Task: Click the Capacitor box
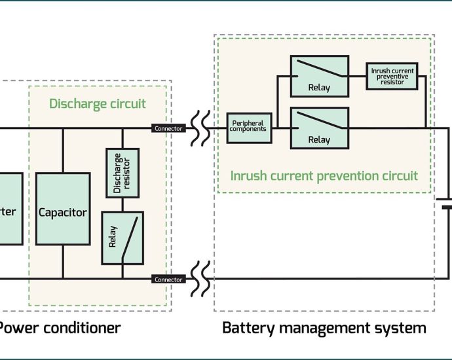click(63, 212)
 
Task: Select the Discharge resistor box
click(122, 173)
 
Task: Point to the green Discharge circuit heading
click(98, 104)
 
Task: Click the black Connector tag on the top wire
click(168, 128)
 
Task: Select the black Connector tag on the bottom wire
click(168, 279)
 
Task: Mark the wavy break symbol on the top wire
click(201, 128)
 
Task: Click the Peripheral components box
click(248, 125)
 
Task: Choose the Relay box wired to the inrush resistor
click(319, 75)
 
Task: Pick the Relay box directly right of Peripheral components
click(319, 128)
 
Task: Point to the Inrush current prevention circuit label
click(324, 175)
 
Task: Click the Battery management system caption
click(324, 327)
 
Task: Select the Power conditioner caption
click(59, 327)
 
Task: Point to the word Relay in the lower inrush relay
click(319, 139)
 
